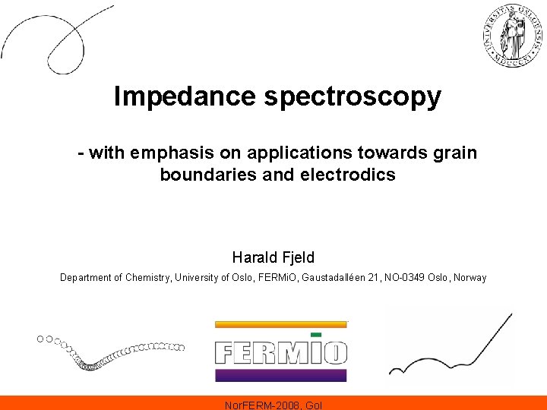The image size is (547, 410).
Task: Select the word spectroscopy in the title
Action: tap(353, 97)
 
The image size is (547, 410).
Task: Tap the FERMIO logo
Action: tap(280, 352)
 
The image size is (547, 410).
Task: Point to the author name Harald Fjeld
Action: tap(273, 257)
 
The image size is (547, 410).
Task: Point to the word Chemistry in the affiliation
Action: tap(147, 278)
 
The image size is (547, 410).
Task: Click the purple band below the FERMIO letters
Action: tap(280, 374)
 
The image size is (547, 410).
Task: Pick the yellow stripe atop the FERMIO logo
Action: tap(280, 324)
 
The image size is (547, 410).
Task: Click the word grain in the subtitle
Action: tap(456, 153)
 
